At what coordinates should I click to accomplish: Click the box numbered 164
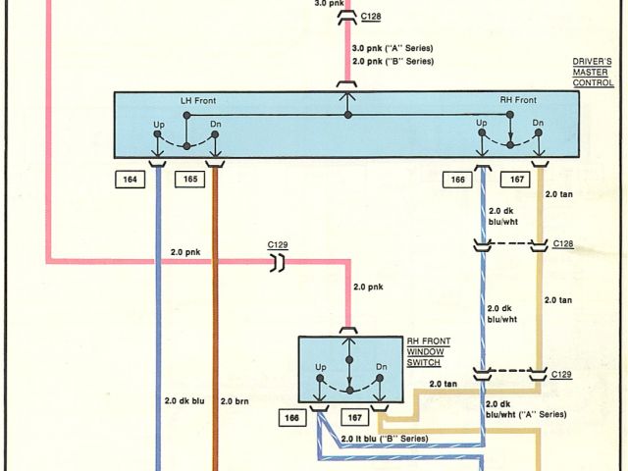[x=131, y=179]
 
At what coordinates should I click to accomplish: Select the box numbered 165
[x=189, y=179]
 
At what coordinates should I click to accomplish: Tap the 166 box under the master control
[x=457, y=179]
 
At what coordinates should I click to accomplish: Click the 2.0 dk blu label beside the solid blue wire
[x=184, y=400]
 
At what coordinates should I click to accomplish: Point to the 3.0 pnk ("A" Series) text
[x=392, y=48]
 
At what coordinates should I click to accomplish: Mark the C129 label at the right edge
[x=562, y=374]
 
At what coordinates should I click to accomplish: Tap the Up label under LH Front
[x=158, y=124]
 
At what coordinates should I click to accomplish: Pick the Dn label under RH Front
[x=538, y=124]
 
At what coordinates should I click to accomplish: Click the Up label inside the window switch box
[x=320, y=367]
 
